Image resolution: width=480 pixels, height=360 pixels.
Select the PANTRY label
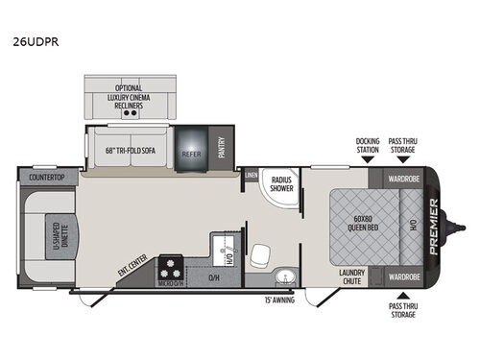point(222,148)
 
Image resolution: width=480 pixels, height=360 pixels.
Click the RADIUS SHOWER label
point(281,185)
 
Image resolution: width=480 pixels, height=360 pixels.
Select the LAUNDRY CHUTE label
point(352,276)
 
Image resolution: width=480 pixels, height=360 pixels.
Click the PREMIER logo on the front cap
point(434,227)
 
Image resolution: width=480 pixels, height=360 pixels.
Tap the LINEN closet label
point(251,177)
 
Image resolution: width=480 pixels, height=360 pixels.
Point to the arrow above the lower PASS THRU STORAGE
point(403,296)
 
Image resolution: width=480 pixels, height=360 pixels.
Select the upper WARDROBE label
point(403,179)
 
